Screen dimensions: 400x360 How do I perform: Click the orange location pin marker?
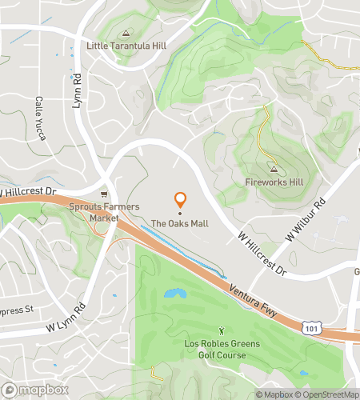click(181, 200)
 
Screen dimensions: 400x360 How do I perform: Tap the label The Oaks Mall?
click(181, 223)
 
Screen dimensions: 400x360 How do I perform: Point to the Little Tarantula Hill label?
click(125, 46)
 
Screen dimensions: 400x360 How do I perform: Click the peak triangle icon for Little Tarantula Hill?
click(125, 34)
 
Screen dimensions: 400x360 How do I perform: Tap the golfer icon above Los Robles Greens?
click(222, 330)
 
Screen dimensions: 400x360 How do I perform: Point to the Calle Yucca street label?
click(40, 118)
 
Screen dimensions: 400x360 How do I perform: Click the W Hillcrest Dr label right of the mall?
click(262, 254)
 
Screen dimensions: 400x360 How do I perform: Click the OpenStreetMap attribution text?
click(328, 394)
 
